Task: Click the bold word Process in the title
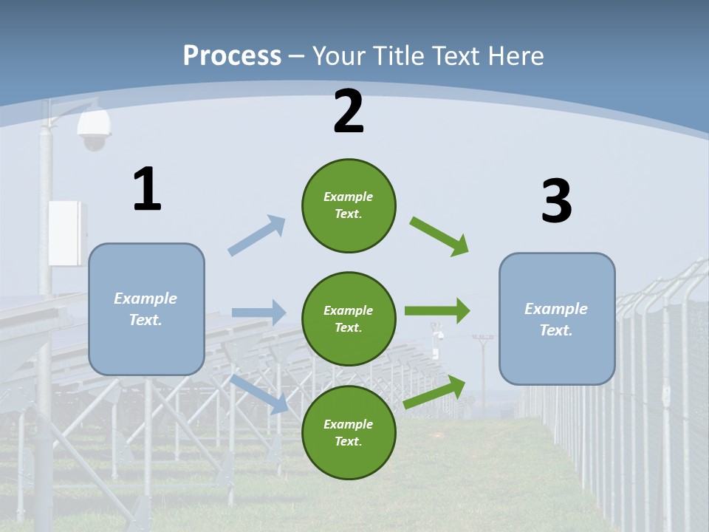pyautogui.click(x=232, y=56)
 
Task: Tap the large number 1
pyautogui.click(x=147, y=190)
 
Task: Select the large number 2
pyautogui.click(x=349, y=112)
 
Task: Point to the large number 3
pyautogui.click(x=556, y=201)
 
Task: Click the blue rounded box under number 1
pyautogui.click(x=146, y=309)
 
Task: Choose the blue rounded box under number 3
pyautogui.click(x=557, y=318)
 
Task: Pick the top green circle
pyautogui.click(x=349, y=205)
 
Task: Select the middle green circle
pyautogui.click(x=349, y=318)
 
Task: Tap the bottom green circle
pyautogui.click(x=349, y=432)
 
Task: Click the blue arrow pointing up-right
pyautogui.click(x=257, y=236)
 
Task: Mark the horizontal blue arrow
pyautogui.click(x=258, y=313)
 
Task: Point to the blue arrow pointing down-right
pyautogui.click(x=258, y=394)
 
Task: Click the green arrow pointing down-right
pyautogui.click(x=439, y=236)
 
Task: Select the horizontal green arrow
pyautogui.click(x=437, y=311)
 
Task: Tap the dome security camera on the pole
pyautogui.click(x=94, y=131)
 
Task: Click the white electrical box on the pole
pyautogui.click(x=67, y=232)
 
